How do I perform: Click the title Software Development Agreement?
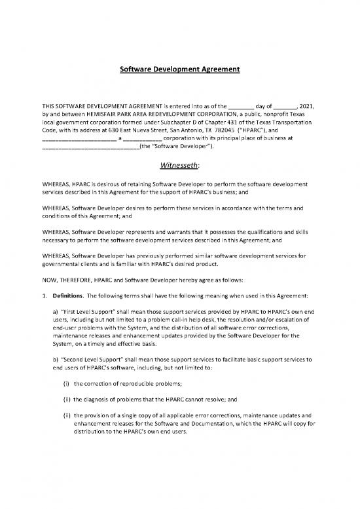click(179, 67)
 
